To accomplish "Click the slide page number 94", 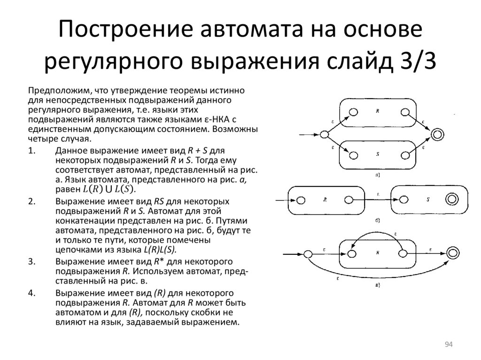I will click(448, 345).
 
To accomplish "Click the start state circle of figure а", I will click(324, 135).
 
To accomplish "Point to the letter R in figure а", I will click(377, 111).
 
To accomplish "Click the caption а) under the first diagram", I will click(377, 175).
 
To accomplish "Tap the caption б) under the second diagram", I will click(377, 220).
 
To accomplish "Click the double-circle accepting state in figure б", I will click(452, 200).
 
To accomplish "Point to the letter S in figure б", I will click(428, 199).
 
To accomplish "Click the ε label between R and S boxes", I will click(378, 194).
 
